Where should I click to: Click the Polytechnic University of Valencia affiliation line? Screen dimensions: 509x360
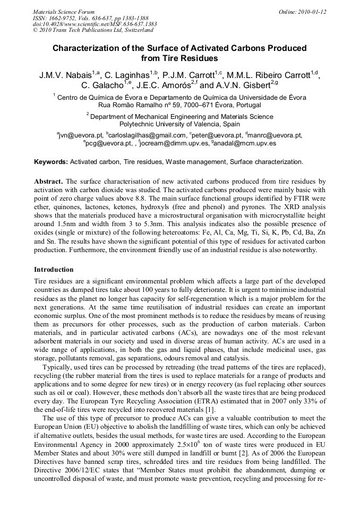click(x=179, y=124)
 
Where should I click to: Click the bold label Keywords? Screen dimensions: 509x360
click(x=51, y=161)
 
